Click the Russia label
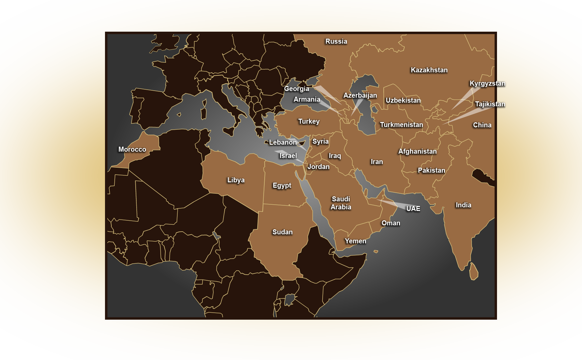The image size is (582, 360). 336,41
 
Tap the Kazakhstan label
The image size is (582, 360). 429,70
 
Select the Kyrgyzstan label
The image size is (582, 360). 487,83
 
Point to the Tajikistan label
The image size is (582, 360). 490,104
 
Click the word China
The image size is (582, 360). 482,125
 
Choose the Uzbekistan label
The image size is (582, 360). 403,100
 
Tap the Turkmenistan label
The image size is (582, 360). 401,125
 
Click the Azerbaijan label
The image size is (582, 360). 360,95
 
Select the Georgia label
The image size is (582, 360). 296,89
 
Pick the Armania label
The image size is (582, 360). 307,99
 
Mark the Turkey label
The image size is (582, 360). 309,121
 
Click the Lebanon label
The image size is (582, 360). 283,142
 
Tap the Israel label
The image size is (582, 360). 288,156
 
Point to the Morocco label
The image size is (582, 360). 132,149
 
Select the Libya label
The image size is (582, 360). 236,180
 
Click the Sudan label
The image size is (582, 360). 282,232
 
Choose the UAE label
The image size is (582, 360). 413,209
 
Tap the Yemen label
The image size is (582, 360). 355,241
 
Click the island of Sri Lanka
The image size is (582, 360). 473,271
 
